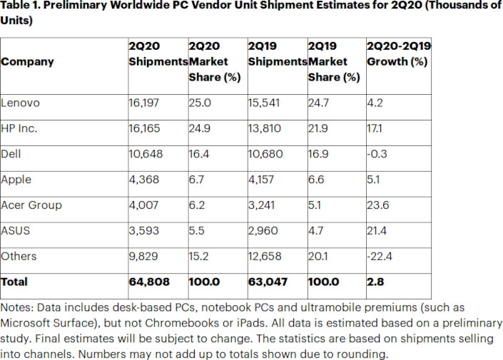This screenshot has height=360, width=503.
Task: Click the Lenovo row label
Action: point(21,103)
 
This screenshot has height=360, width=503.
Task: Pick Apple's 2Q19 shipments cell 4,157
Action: point(263,180)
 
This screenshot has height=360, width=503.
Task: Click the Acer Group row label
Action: point(31,205)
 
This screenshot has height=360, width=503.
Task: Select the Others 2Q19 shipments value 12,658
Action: point(266,257)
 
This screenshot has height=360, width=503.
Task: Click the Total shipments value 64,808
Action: point(149,282)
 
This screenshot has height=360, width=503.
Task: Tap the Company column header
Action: point(28,61)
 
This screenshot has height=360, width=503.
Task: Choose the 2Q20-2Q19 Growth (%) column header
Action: point(398,53)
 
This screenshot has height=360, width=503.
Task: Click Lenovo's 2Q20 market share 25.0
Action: point(200,103)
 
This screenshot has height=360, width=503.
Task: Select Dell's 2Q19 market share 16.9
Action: point(320,154)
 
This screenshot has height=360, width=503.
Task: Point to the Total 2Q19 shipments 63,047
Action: point(268,282)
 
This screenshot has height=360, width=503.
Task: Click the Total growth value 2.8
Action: point(375,282)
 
